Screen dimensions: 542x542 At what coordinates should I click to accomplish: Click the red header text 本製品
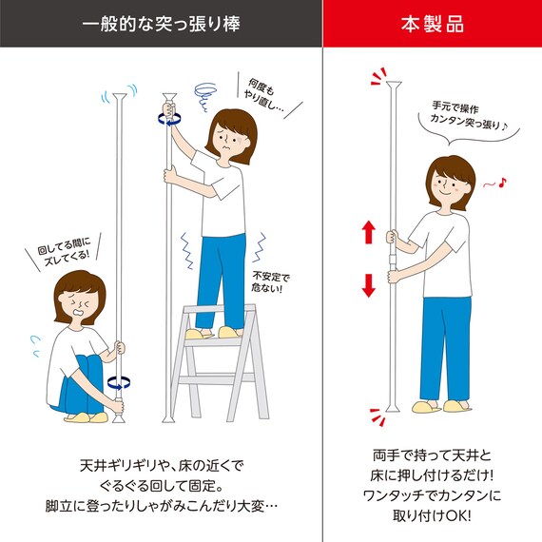[x=433, y=24]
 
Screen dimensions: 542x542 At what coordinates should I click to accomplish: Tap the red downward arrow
[x=365, y=283]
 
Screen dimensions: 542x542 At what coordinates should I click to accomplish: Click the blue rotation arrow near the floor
[x=119, y=381]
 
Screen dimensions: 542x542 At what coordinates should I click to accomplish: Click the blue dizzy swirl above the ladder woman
[x=204, y=91]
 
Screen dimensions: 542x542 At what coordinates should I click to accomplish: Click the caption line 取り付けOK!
[x=433, y=516]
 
